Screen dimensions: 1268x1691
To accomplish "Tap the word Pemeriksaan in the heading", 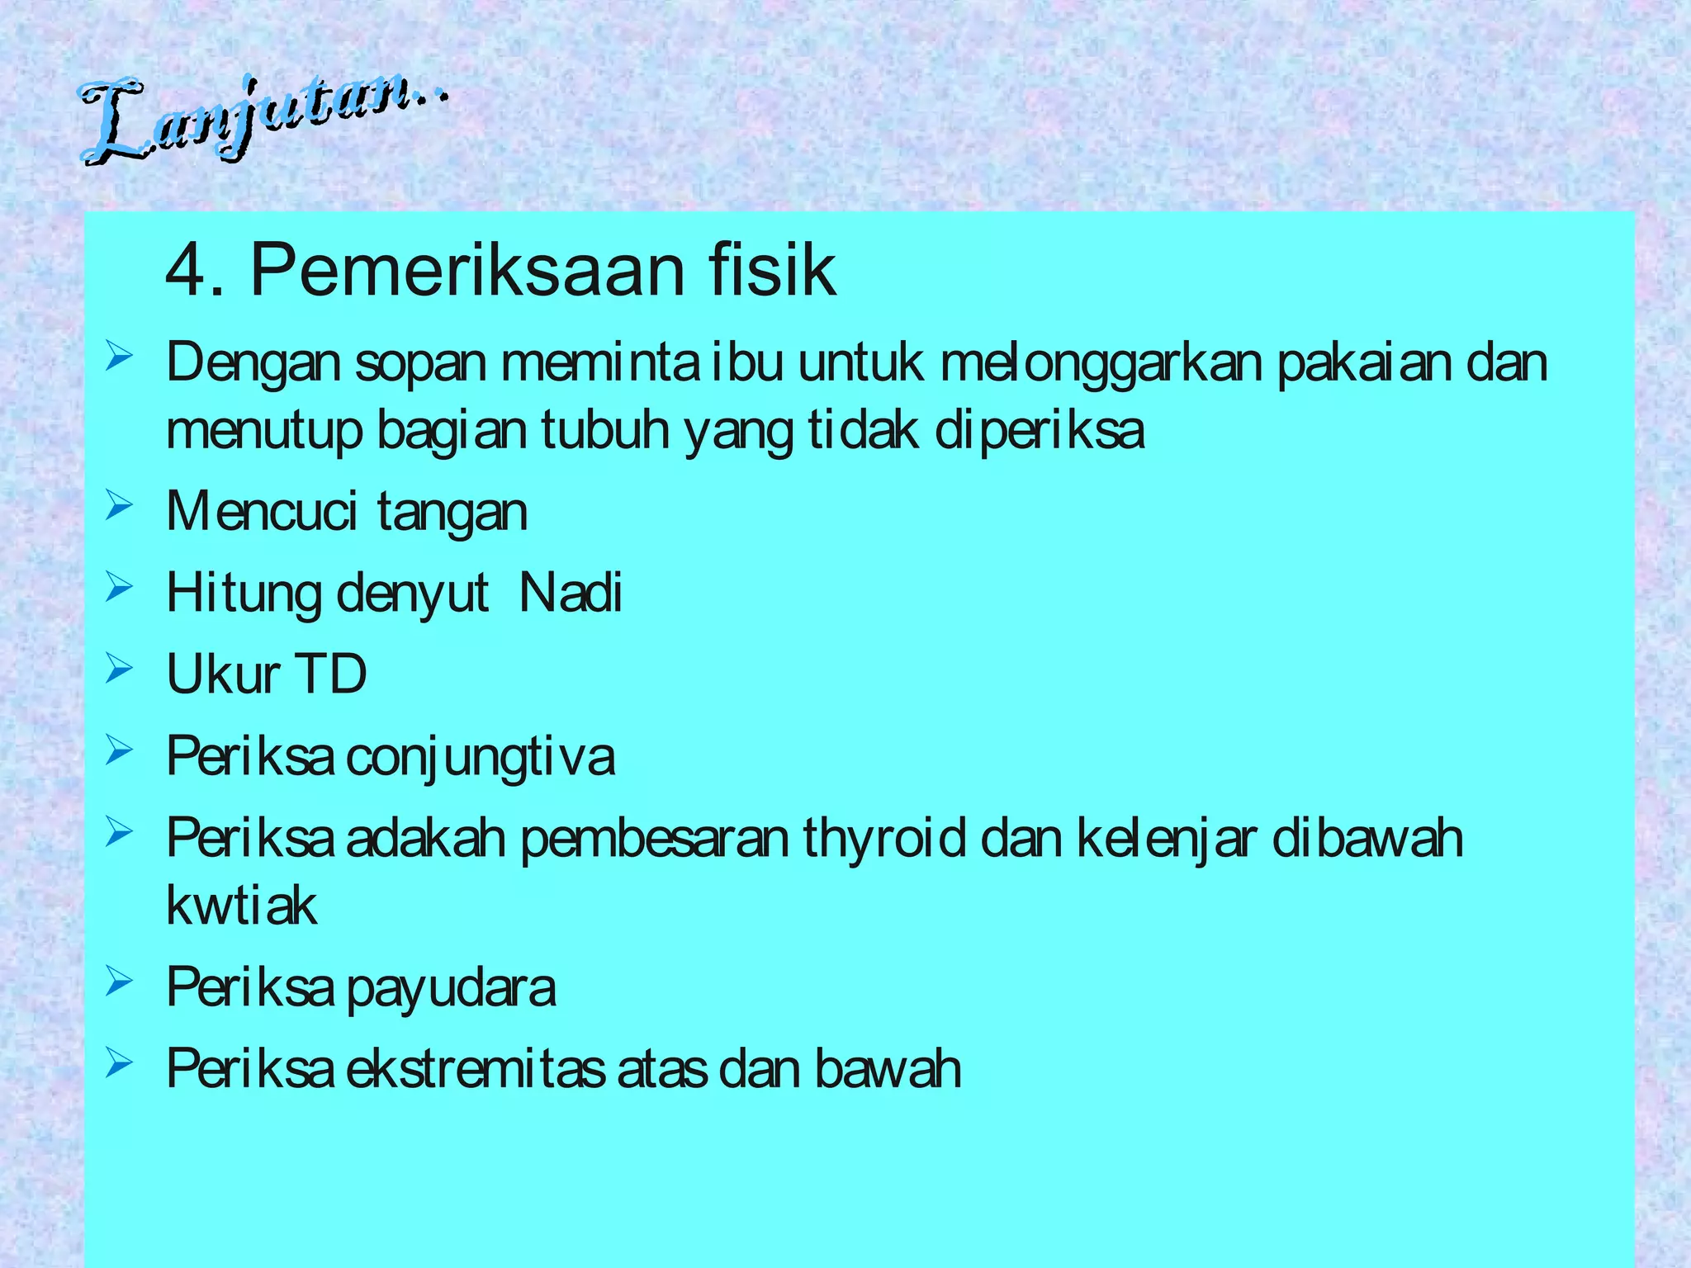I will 467,271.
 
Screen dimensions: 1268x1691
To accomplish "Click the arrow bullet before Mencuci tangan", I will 119,505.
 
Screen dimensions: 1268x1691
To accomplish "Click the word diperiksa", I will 1040,431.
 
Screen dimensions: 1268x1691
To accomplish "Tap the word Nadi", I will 571,593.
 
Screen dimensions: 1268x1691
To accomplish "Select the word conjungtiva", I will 481,756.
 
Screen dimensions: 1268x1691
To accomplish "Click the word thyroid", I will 884,837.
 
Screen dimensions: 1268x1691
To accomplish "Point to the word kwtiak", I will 241,906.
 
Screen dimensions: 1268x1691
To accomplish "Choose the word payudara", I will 451,987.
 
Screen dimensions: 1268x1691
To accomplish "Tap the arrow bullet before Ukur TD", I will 119,669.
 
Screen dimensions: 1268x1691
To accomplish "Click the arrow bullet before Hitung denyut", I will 119,587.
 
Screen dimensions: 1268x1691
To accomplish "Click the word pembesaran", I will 655,837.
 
